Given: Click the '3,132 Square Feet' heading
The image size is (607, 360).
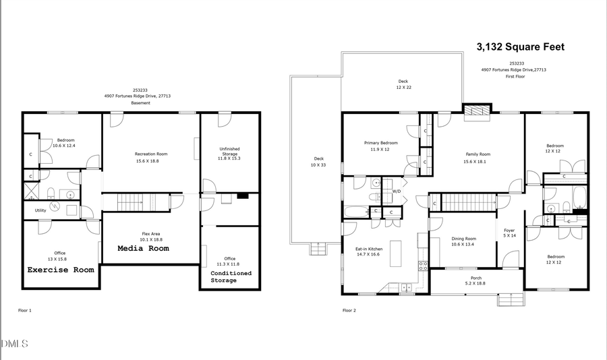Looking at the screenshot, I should (x=520, y=47).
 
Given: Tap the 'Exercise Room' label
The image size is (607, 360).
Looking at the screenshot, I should (x=60, y=270).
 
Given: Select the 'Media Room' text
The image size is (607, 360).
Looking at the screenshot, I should (x=144, y=248).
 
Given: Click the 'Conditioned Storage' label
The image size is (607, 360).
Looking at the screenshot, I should (x=231, y=276).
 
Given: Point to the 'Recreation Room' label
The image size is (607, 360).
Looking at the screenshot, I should (x=151, y=157).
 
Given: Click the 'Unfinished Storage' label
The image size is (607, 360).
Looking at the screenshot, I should (x=229, y=152).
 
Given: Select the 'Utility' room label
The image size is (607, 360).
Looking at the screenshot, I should (x=40, y=210).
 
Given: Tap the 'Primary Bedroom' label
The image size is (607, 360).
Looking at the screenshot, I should (x=380, y=146).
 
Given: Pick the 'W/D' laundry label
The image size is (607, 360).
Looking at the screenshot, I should (x=397, y=191).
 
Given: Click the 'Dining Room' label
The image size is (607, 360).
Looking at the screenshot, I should (x=463, y=241).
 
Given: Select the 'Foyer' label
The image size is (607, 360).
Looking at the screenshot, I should (x=509, y=233).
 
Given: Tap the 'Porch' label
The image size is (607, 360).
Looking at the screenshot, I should (x=475, y=280).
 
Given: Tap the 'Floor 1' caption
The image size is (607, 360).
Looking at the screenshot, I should (x=25, y=310).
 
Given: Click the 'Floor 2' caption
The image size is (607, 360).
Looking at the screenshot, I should (x=349, y=310).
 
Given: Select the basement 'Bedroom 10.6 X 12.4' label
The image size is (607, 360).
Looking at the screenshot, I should (x=65, y=143).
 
